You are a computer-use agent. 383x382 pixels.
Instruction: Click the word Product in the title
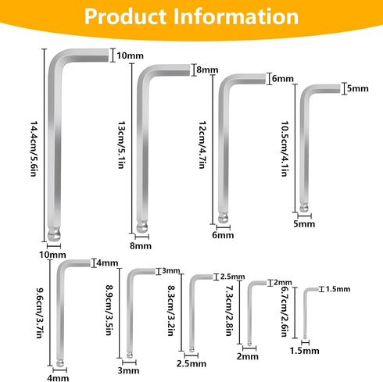point(125,16)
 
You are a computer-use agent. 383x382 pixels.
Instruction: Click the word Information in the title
point(236,16)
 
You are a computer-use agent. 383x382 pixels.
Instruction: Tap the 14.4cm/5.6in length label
point(34,148)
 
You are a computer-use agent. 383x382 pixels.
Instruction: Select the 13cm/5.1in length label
point(121,145)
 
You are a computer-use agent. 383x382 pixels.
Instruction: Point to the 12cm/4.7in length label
point(202,145)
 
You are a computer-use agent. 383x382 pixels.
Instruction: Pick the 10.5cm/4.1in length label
point(285,148)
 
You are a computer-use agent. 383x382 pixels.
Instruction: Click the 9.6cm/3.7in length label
point(39,312)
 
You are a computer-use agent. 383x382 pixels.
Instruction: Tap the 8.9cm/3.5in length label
point(109,310)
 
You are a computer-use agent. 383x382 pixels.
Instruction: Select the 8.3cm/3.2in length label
point(170,310)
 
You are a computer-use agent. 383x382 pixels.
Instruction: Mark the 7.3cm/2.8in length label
point(229,310)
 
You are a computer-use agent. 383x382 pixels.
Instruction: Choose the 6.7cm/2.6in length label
point(284,311)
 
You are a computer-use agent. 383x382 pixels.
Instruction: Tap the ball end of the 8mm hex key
point(142,227)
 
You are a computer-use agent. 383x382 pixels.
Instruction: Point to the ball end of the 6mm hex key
point(224,218)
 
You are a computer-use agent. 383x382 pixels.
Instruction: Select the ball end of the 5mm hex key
point(304,208)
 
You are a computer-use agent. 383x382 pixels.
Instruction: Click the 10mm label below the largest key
point(52,255)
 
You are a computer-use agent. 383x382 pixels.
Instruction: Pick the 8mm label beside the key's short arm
point(207,70)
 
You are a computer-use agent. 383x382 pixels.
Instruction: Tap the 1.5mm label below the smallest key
point(305,351)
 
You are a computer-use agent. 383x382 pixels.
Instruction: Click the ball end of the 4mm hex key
point(60,362)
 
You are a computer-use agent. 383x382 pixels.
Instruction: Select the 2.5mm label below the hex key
point(191,364)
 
